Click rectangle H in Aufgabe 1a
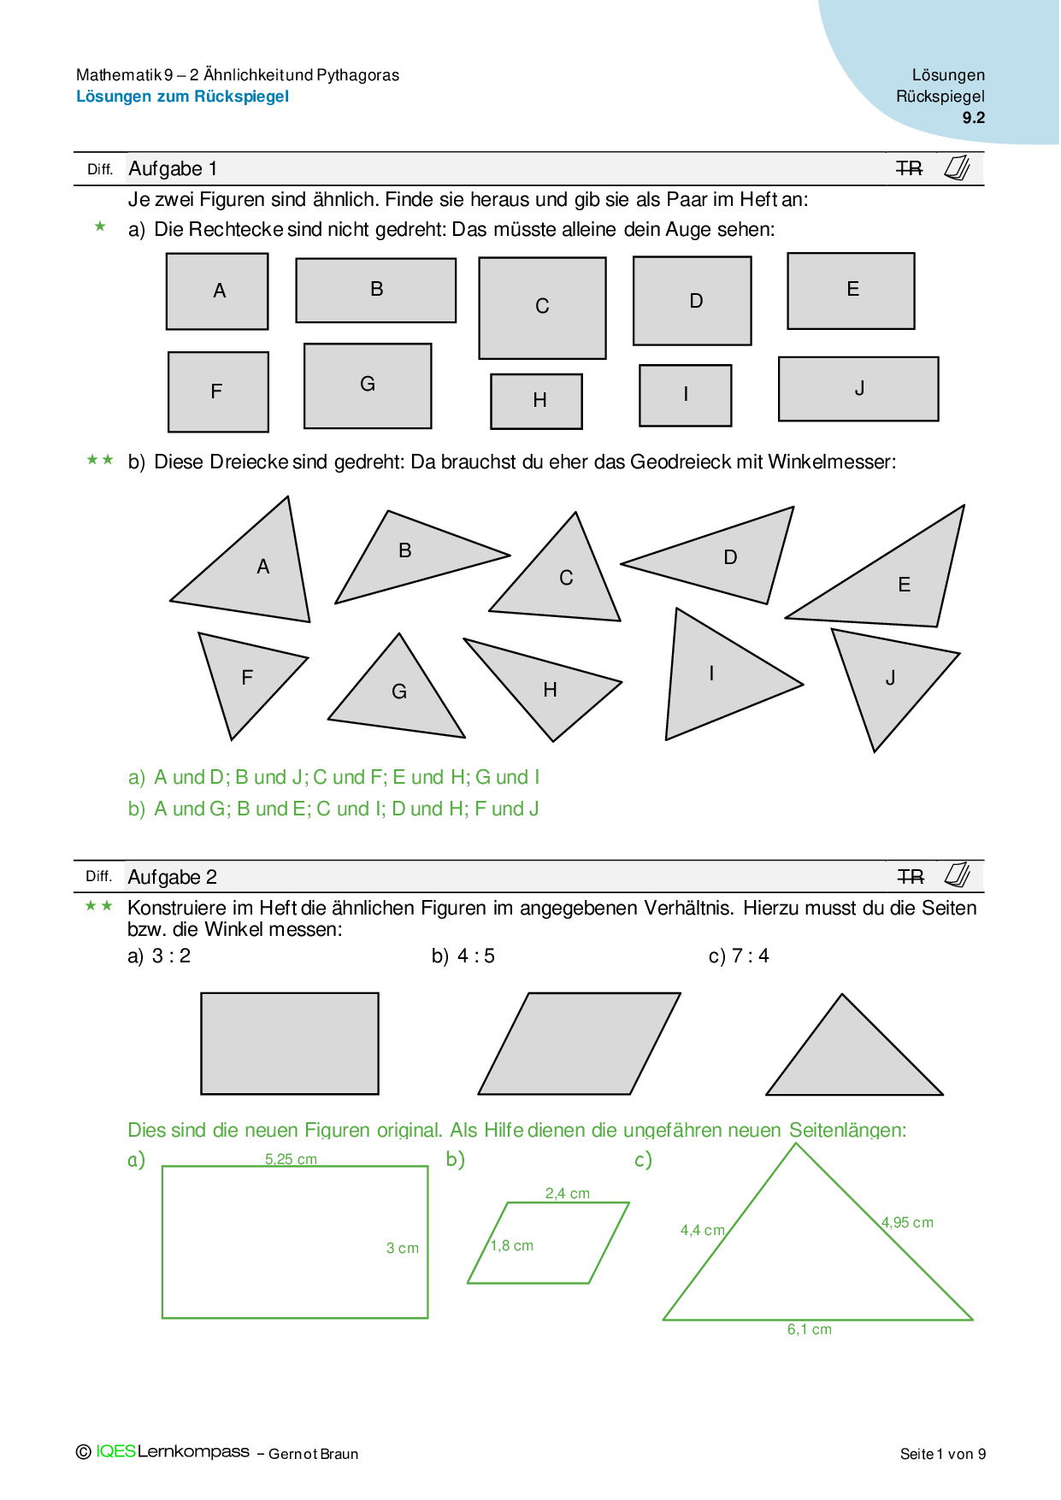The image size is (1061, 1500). point(536,401)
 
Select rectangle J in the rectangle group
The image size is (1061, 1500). point(858,389)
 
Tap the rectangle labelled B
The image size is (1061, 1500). point(375,291)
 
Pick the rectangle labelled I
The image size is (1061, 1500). point(685,395)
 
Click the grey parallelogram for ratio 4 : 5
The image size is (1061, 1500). point(579,1044)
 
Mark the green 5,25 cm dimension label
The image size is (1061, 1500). point(291,1159)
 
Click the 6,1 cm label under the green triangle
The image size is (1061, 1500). point(809,1329)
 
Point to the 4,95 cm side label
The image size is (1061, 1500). point(907,1222)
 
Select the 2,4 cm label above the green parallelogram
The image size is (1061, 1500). point(568,1193)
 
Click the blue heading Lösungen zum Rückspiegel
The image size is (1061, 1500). point(182,97)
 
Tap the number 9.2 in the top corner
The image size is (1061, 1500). point(973,118)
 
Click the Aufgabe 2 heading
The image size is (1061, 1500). point(172,877)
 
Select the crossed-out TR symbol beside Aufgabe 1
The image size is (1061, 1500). point(909,168)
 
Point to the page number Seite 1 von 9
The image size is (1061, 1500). point(942,1454)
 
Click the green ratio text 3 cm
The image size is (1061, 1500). point(402,1248)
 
